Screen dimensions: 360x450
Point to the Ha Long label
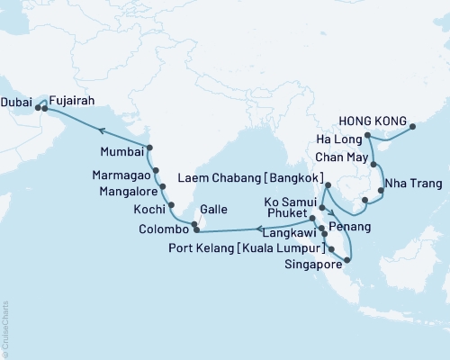[x=339, y=138]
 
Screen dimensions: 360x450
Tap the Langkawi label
[x=285, y=233]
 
